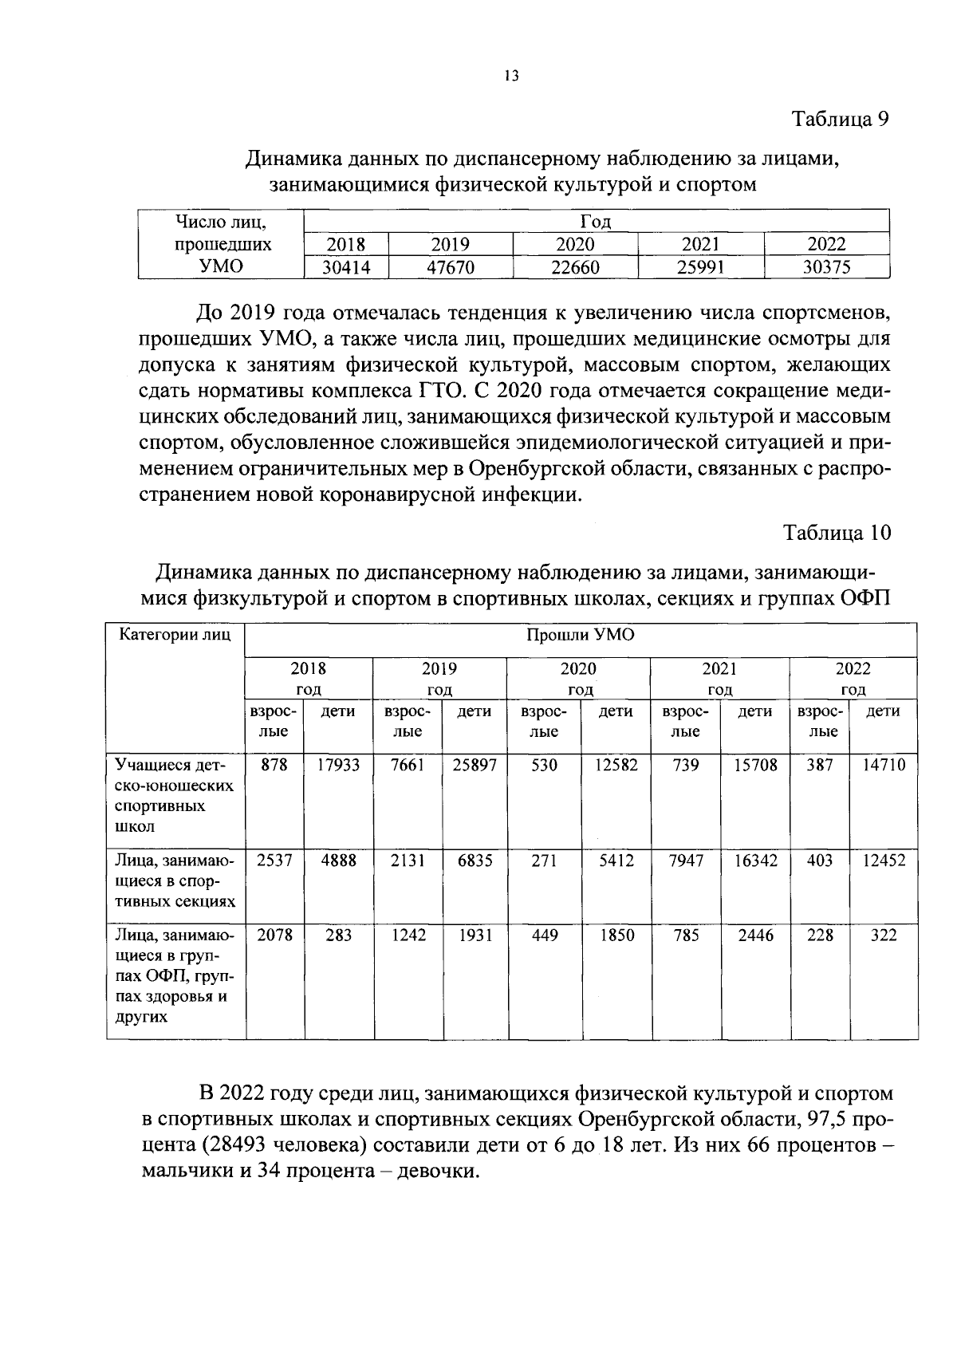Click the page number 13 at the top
(x=511, y=77)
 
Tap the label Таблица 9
(x=840, y=119)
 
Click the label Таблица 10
(x=837, y=533)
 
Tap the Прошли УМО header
(x=580, y=636)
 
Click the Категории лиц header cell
(x=175, y=636)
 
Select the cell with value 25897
(x=475, y=765)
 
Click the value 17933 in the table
(x=338, y=765)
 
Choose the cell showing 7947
(x=686, y=861)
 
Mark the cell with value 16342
(x=755, y=861)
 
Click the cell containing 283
(x=338, y=935)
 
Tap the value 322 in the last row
(x=884, y=935)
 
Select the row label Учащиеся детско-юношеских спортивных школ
(x=174, y=795)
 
